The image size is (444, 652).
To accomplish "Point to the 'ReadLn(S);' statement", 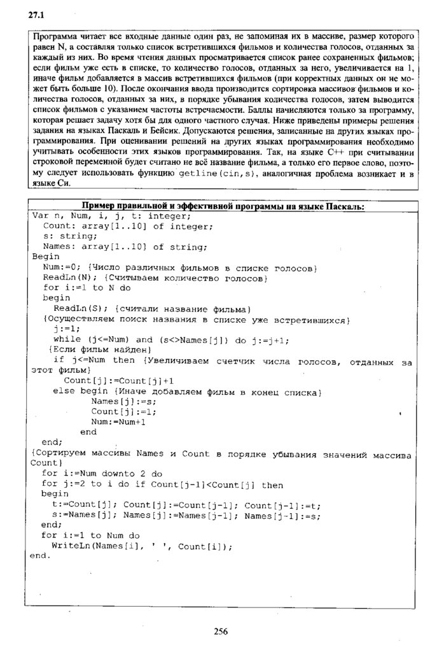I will click(x=80, y=308).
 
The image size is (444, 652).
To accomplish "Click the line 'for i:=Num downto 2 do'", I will click(x=102, y=473).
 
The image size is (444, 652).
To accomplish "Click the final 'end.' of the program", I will click(x=40, y=555).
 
